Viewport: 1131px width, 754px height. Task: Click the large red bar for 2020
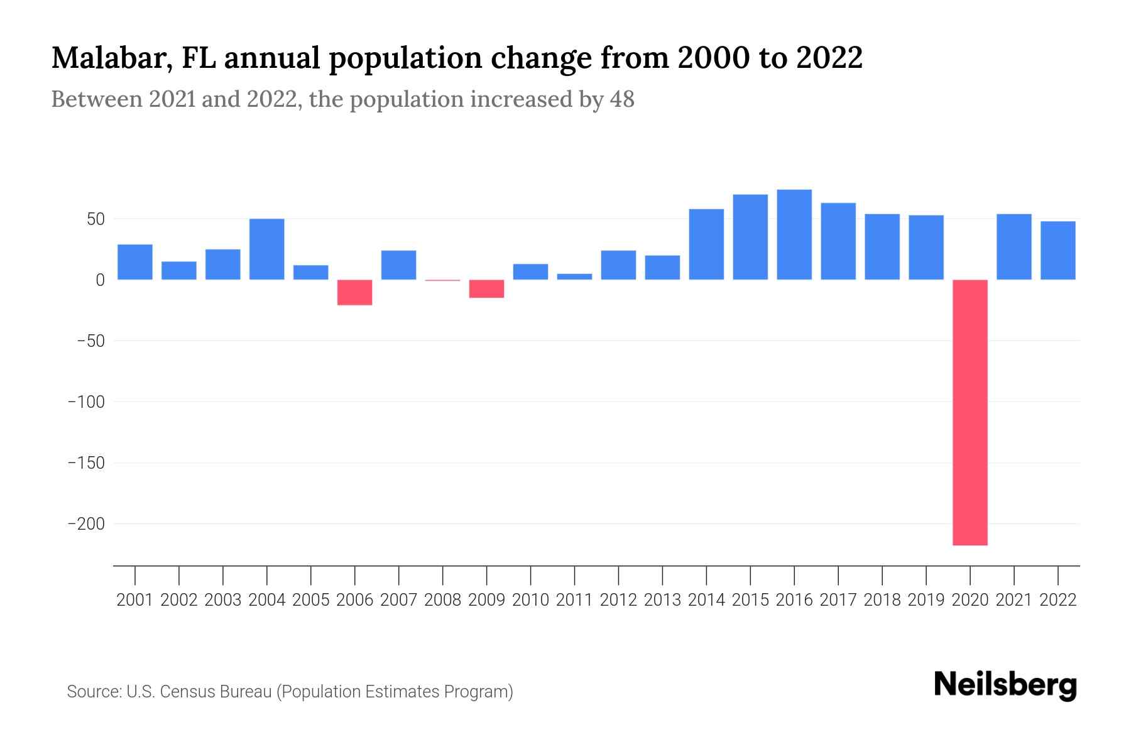(970, 412)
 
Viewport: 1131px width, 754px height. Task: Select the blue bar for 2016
(794, 234)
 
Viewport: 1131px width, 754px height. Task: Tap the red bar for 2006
(355, 292)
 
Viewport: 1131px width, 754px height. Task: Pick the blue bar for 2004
(267, 249)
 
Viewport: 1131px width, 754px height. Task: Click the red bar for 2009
(487, 288)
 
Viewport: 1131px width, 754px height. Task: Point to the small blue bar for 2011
(574, 276)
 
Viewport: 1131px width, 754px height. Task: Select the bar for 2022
(1057, 250)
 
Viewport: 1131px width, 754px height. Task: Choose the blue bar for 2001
(135, 262)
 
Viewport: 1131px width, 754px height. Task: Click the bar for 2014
(706, 244)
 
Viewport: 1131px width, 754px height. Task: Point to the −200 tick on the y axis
(86, 523)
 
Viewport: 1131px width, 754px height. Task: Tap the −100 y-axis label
(86, 402)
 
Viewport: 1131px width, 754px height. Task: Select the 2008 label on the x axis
(442, 600)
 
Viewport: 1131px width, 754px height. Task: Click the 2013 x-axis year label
(662, 600)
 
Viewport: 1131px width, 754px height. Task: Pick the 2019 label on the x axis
(926, 600)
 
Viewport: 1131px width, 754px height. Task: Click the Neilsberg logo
(1005, 686)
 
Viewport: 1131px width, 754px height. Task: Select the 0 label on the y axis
(100, 280)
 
